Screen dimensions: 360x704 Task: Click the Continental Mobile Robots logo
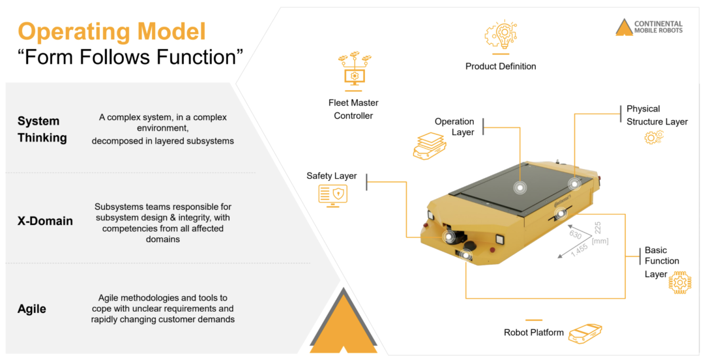(x=649, y=27)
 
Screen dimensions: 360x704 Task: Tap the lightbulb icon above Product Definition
(x=500, y=35)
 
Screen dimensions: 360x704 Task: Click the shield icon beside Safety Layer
(x=332, y=194)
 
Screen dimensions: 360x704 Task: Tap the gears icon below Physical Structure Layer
(x=653, y=137)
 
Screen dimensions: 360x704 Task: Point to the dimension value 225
(x=598, y=228)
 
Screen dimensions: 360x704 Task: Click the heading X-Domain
(x=45, y=221)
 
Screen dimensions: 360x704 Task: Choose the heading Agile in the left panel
(x=32, y=308)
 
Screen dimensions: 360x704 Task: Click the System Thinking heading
(x=42, y=129)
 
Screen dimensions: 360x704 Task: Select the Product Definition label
(x=501, y=66)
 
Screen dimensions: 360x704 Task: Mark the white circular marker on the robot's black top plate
(x=520, y=187)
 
